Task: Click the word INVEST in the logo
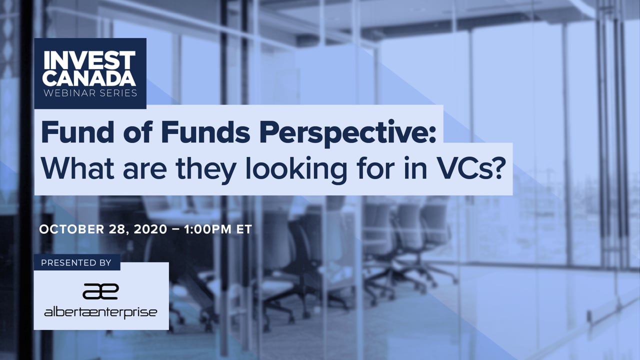click(89, 60)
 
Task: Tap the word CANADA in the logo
click(89, 77)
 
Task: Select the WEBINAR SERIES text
click(90, 93)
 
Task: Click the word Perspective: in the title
click(347, 133)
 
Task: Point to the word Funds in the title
click(206, 131)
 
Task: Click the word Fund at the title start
click(77, 131)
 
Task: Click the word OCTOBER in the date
click(71, 229)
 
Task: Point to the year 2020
click(150, 229)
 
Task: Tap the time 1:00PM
click(208, 229)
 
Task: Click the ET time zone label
click(244, 229)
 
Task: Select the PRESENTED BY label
click(76, 263)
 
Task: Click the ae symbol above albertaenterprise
click(101, 291)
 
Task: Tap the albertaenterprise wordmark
click(100, 312)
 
